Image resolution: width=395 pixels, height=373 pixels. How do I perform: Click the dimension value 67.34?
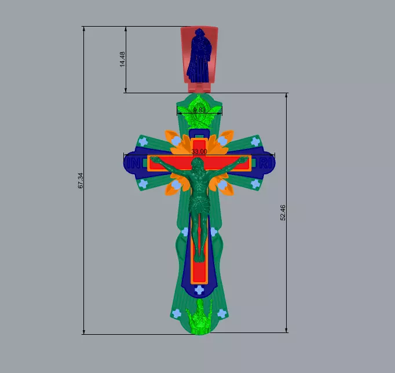(81, 181)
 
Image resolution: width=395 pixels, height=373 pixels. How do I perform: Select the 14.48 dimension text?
(122, 59)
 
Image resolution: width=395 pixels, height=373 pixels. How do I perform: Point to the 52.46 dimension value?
(283, 213)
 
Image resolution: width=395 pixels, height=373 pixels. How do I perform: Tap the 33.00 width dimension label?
(199, 151)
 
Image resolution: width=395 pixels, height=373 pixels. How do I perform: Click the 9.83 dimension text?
(199, 109)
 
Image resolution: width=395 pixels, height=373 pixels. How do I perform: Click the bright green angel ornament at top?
(200, 116)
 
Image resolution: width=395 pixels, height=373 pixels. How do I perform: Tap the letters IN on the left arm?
(134, 164)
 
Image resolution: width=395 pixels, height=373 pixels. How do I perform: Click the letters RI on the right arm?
(265, 164)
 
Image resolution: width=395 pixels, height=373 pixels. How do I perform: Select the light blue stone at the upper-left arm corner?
(144, 141)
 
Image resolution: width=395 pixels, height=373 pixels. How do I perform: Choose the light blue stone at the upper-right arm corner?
(255, 141)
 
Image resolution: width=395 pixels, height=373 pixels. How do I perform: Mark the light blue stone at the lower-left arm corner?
(144, 184)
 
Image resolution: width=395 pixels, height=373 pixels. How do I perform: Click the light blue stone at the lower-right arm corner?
(255, 184)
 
